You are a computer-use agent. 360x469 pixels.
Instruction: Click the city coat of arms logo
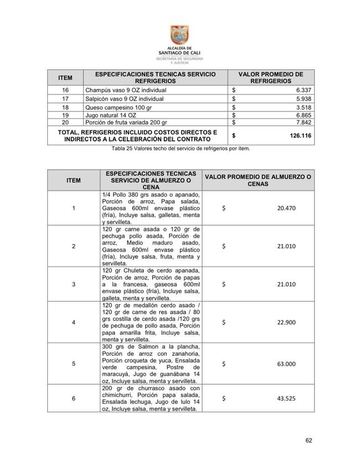(x=179, y=36)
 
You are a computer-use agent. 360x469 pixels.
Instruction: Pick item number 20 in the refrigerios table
(x=65, y=122)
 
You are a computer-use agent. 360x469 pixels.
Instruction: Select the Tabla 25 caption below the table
(x=181, y=149)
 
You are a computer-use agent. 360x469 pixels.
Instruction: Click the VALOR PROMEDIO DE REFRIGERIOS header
(x=271, y=78)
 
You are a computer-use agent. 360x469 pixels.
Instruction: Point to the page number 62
(x=309, y=441)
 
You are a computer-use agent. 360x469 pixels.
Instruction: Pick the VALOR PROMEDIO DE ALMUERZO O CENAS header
(x=258, y=180)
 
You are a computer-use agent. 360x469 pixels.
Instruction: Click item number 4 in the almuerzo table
(x=74, y=322)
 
